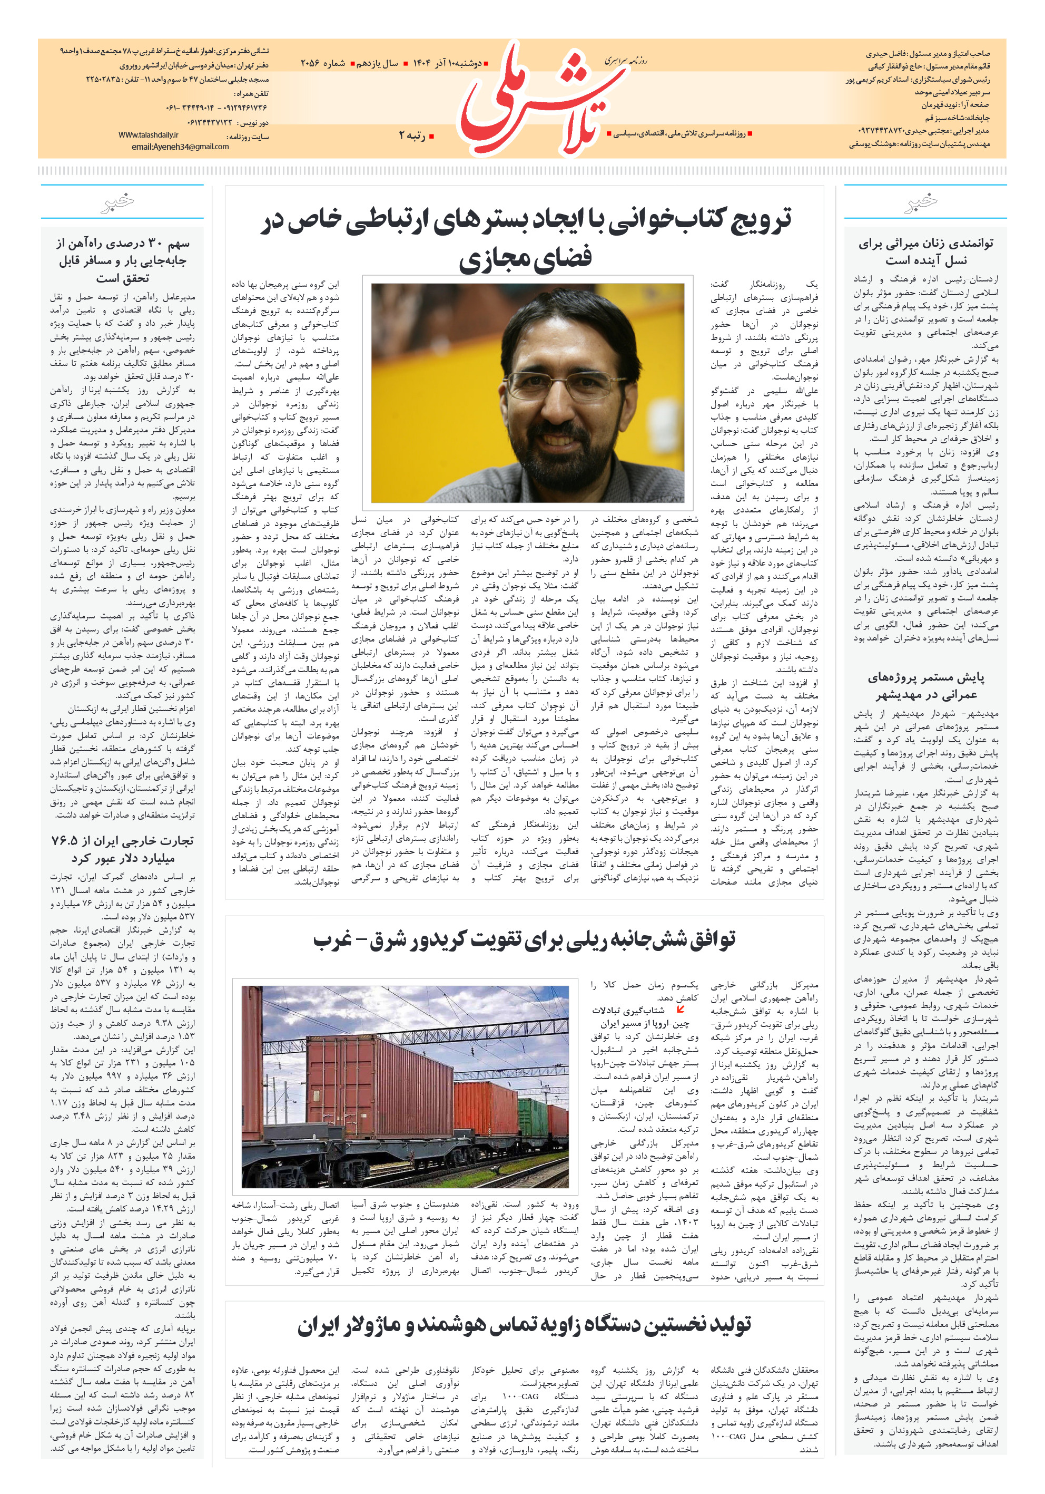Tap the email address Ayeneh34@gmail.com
pyautogui.click(x=180, y=147)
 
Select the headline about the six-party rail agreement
pyautogui.click(x=524, y=939)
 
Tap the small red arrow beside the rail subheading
pyautogui.click(x=680, y=1009)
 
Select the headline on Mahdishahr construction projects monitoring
pyautogui.click(x=925, y=686)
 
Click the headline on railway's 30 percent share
pyautogui.click(x=122, y=260)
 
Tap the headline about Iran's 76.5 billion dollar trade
pyautogui.click(x=122, y=849)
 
